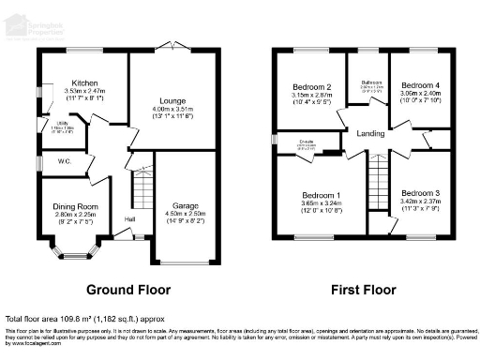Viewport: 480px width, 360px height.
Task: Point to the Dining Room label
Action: (74, 206)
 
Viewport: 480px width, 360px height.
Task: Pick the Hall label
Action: (128, 220)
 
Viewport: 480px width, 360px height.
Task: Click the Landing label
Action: (371, 134)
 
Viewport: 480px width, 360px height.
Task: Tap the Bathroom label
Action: (370, 82)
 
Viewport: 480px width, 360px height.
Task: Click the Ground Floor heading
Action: (127, 289)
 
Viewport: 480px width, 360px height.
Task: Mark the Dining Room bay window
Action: (74, 250)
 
